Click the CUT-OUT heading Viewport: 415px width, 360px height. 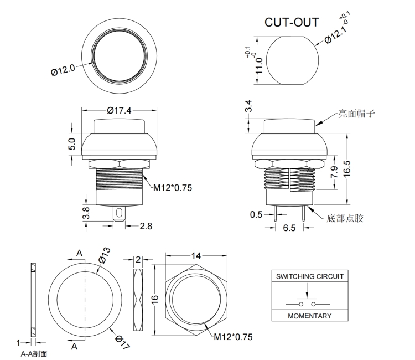point(292,22)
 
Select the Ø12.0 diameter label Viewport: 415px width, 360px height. point(63,71)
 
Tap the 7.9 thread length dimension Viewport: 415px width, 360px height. point(334,173)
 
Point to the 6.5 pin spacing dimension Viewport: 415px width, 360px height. point(289,228)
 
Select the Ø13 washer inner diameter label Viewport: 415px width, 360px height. point(105,255)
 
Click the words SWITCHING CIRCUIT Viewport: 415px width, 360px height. point(310,276)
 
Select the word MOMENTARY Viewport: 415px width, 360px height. point(310,316)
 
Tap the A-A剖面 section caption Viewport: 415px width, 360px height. point(34,353)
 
